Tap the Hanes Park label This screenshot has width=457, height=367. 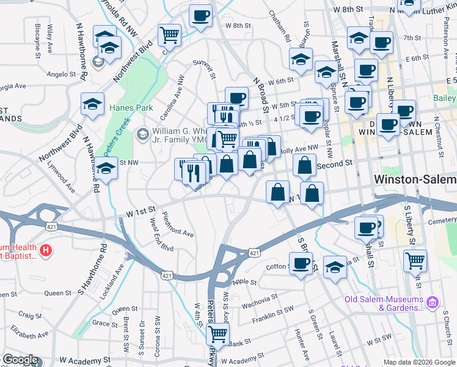coord(129,108)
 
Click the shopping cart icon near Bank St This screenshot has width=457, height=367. coord(218,334)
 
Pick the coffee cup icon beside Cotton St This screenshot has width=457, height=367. coord(301,264)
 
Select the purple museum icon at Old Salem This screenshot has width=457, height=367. coord(433,301)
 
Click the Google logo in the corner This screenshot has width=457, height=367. coord(21,360)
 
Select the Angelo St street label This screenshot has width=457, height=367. coord(61,74)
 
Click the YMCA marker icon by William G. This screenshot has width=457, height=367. coord(142,133)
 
